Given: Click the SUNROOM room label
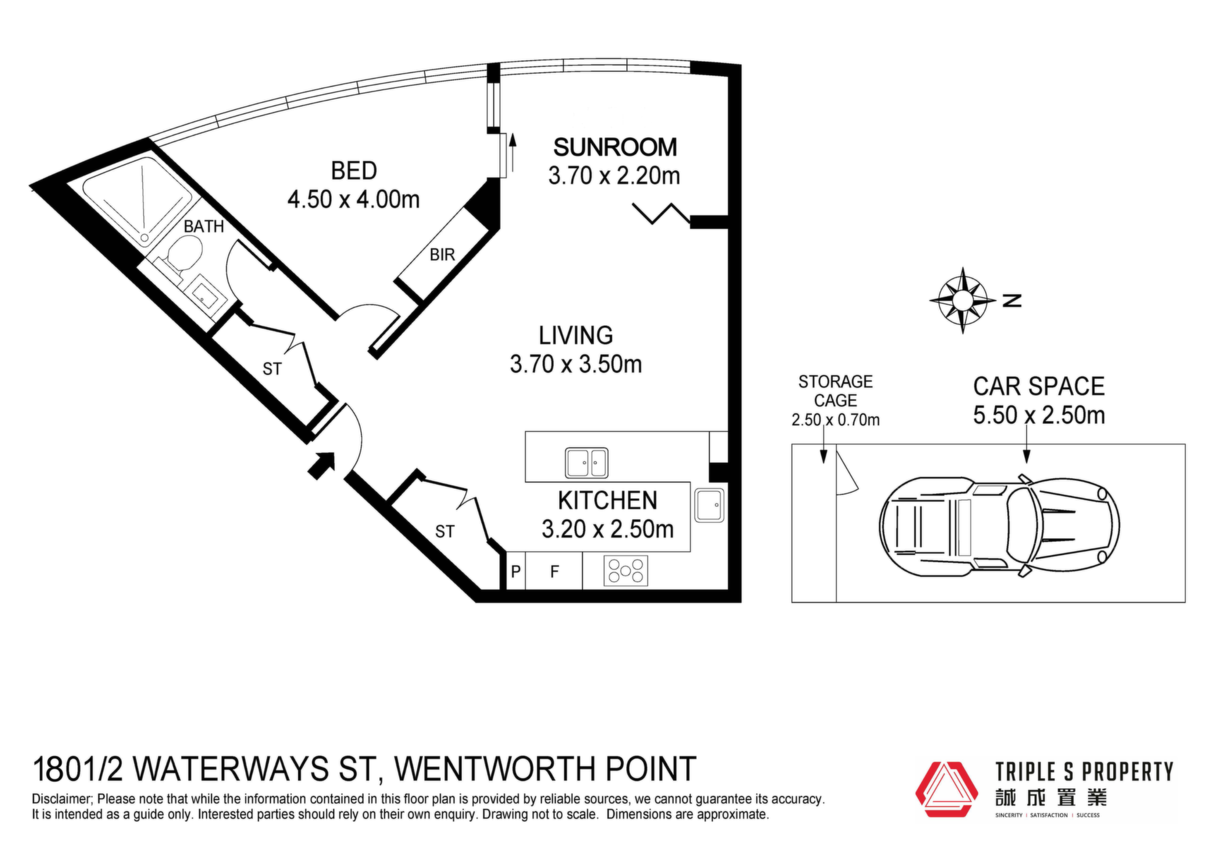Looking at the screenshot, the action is tap(615, 147).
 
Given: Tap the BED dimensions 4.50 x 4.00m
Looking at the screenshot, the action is tap(354, 200).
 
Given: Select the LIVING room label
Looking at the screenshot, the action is tap(576, 335).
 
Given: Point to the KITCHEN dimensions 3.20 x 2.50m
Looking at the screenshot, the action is tap(608, 529).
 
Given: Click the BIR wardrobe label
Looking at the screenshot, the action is tap(442, 255).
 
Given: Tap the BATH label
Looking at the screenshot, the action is tap(204, 226).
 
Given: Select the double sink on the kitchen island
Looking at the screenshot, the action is tap(587, 462).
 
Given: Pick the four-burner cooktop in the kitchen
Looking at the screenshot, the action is tap(625, 571).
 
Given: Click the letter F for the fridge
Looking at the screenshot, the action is tap(555, 572).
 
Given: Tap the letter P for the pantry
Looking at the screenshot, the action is tap(516, 572).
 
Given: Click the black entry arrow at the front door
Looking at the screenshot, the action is tap(322, 466).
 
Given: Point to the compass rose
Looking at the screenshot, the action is tap(962, 301).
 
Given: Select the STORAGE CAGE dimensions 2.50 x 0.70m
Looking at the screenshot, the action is tap(835, 420).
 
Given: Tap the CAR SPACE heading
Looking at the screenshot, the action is tap(1039, 387).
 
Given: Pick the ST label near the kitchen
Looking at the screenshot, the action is tap(445, 532).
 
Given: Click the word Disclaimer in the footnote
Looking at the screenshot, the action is tap(61, 800).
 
